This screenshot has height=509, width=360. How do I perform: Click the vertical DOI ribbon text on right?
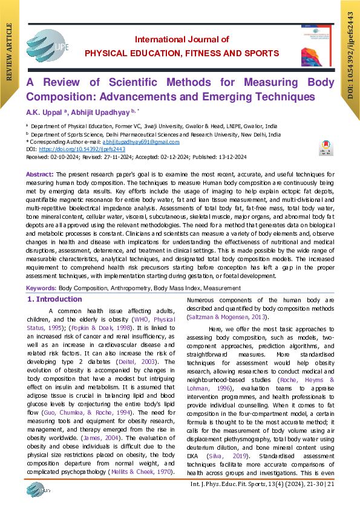coord(350,57)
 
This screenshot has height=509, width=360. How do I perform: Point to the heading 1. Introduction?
coord(55,299)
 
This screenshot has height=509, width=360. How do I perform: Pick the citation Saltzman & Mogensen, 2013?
coord(225,317)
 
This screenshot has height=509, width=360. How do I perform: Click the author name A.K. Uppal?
coord(43,111)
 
